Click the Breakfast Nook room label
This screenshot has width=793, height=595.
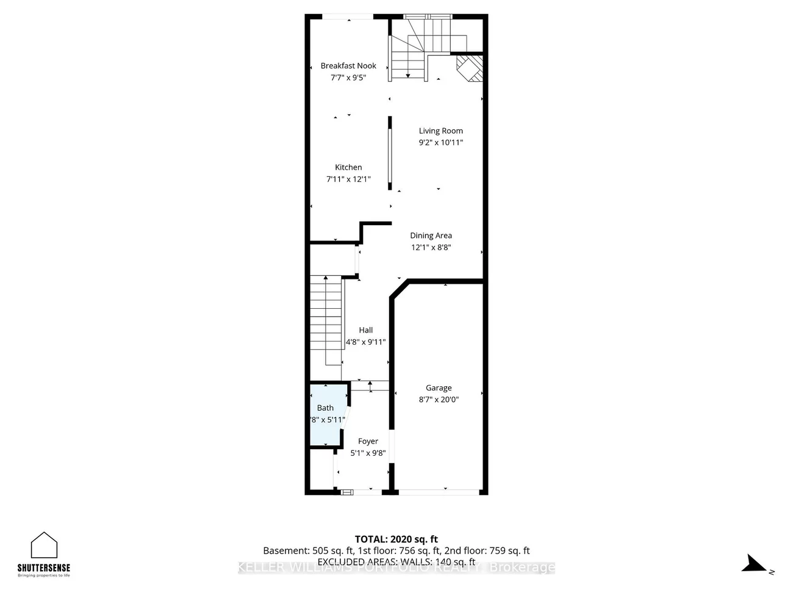[x=348, y=66]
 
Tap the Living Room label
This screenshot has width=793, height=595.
[x=440, y=131]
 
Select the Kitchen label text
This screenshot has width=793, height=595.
[x=348, y=167]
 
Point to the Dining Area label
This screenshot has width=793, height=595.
[x=431, y=236]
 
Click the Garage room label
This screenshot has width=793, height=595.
[x=439, y=388]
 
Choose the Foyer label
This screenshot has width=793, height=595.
[x=368, y=441]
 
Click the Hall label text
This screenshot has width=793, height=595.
[x=365, y=330]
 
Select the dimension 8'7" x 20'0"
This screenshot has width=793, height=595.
[x=439, y=400]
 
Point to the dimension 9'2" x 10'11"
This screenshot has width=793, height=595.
[x=440, y=142]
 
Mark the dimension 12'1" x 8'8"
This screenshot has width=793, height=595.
[x=431, y=247]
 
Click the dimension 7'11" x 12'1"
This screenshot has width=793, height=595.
[x=348, y=179]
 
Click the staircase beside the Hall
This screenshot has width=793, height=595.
[x=325, y=320]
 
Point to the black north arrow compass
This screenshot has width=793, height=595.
[x=755, y=563]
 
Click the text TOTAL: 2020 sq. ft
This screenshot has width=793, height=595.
[x=396, y=539]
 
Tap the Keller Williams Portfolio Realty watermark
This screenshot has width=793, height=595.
[x=396, y=568]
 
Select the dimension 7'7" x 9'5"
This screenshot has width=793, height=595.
[x=348, y=78]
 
